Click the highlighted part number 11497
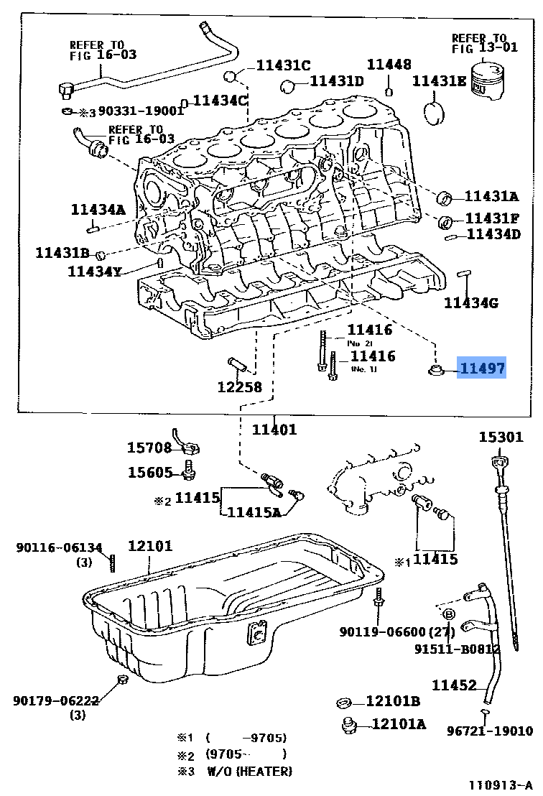click(482, 369)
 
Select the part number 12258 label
click(239, 387)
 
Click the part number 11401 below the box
click(274, 430)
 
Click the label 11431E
click(439, 81)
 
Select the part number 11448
click(389, 65)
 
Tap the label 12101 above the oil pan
click(150, 546)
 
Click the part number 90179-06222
click(55, 700)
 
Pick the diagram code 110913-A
click(501, 785)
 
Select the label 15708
click(149, 448)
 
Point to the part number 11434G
click(470, 302)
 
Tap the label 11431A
click(491, 196)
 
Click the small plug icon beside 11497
click(435, 370)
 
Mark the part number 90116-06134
click(59, 548)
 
